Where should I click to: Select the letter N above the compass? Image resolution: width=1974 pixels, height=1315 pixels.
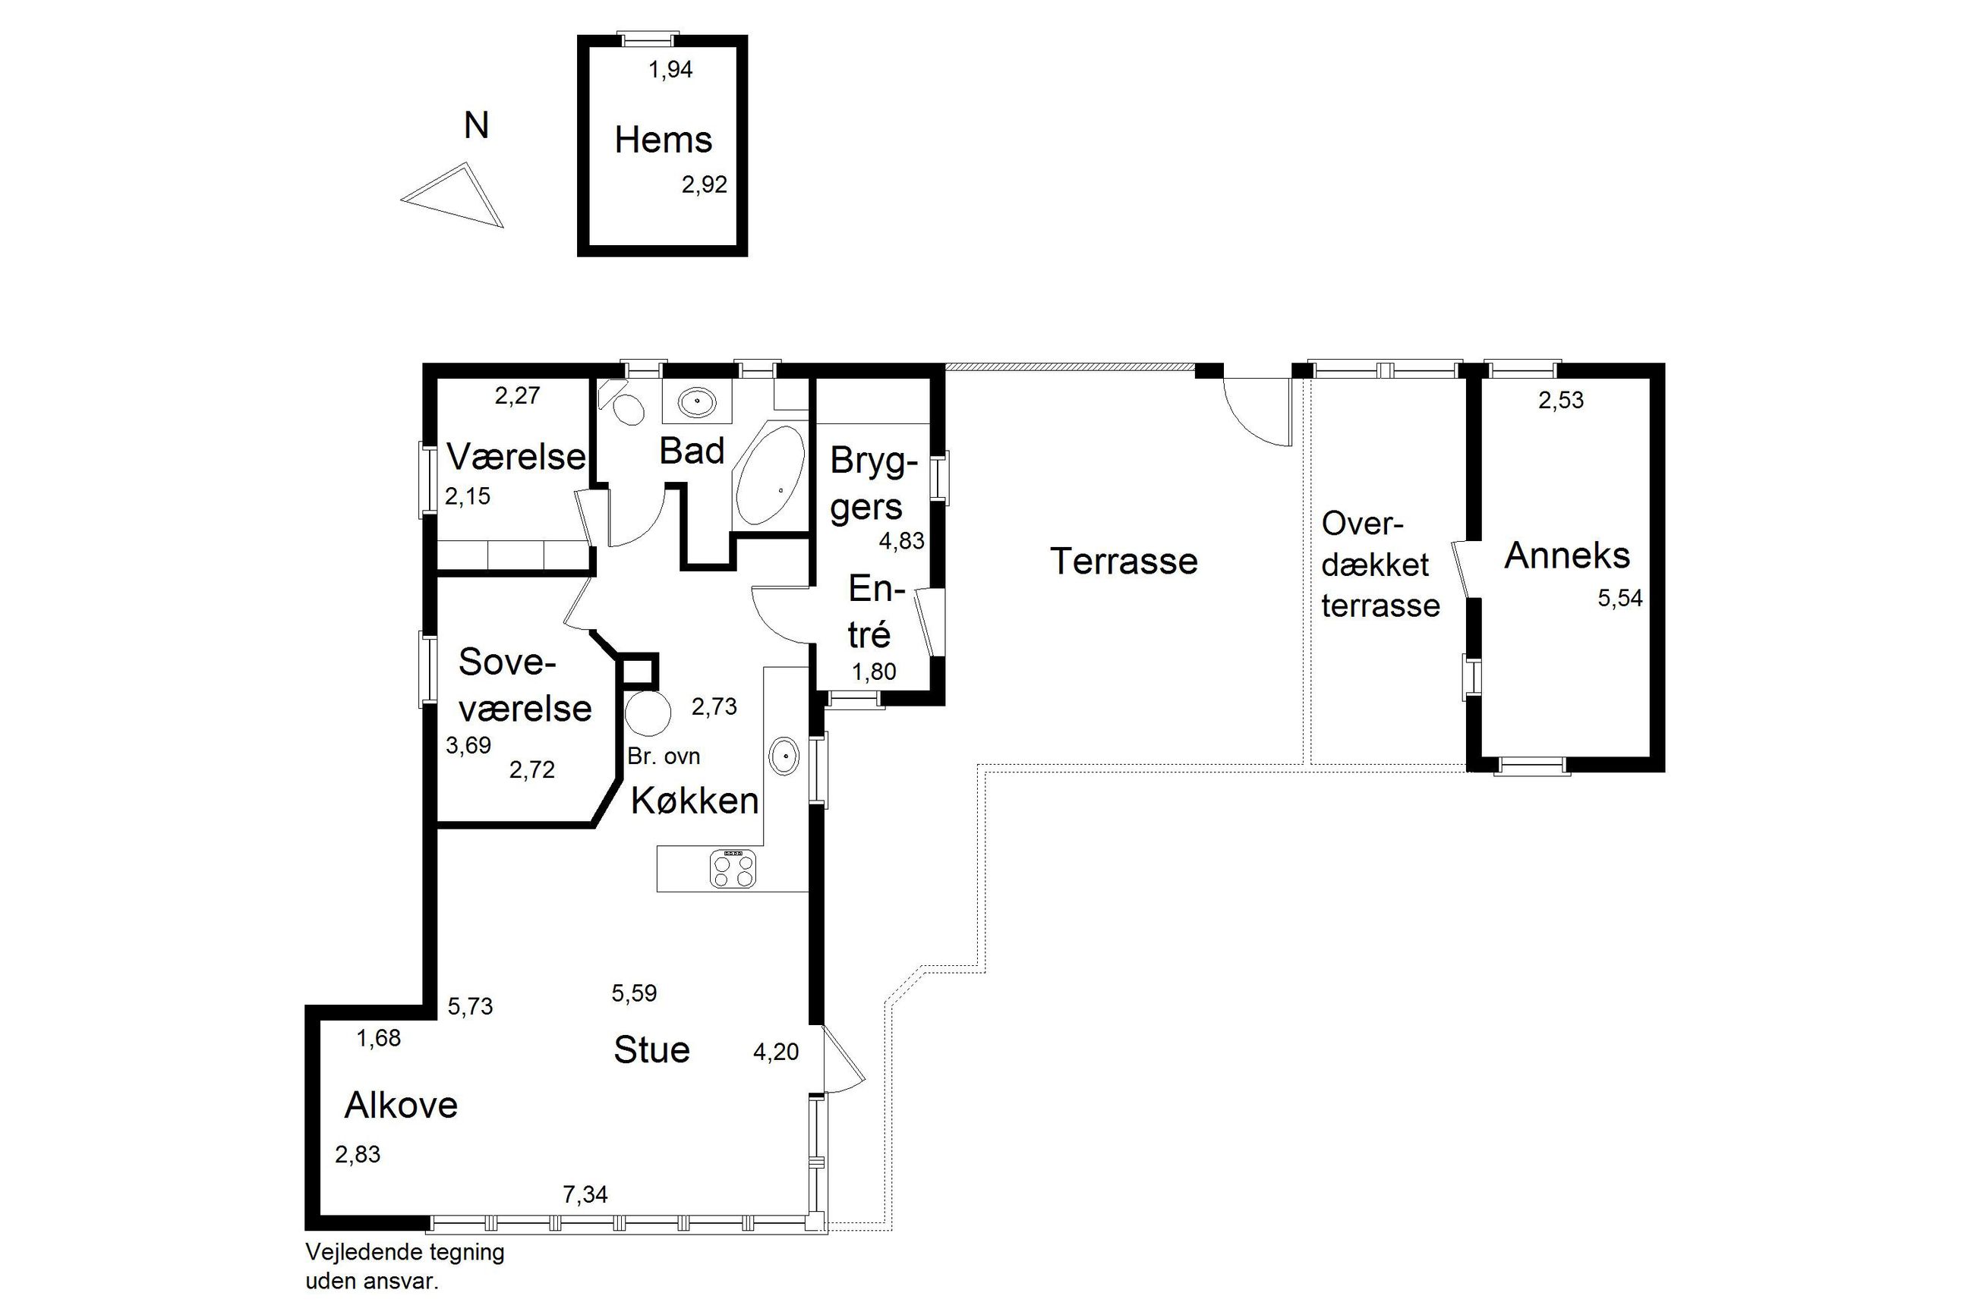[477, 126]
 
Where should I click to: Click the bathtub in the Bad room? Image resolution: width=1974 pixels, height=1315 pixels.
[769, 476]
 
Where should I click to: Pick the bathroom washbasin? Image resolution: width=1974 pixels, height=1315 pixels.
[696, 404]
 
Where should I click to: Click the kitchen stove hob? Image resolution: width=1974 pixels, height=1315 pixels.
[733, 868]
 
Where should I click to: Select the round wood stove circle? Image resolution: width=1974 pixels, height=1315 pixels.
[648, 713]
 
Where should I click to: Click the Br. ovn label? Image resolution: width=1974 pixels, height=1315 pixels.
[664, 757]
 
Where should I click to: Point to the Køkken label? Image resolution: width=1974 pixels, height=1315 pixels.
[695, 801]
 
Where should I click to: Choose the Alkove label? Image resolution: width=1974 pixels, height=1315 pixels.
[401, 1106]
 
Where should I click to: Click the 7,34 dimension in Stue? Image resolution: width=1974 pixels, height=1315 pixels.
[585, 1194]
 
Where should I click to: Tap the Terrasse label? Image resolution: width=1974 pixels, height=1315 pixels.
[1124, 561]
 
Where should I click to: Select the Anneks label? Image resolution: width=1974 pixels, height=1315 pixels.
[1566, 555]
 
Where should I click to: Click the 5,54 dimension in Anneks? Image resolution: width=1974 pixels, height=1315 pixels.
[1620, 599]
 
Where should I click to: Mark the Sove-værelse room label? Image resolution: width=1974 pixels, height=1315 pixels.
[525, 685]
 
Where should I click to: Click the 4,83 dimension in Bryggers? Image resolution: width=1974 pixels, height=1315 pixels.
[901, 541]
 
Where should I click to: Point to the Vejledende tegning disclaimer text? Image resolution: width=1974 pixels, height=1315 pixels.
[405, 1265]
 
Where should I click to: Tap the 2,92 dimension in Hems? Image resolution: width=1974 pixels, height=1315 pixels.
[704, 184]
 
